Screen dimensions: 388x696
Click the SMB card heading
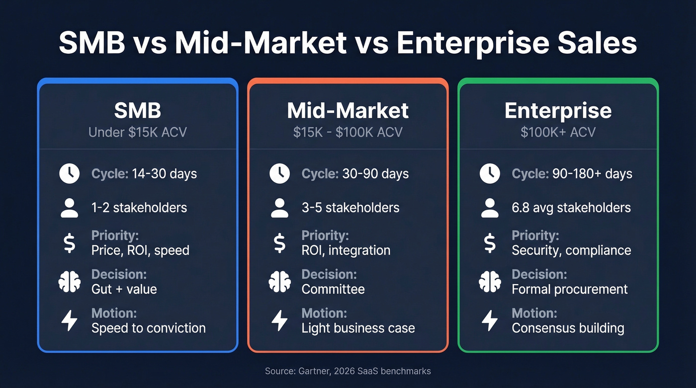click(138, 110)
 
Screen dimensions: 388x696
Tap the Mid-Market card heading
click(348, 110)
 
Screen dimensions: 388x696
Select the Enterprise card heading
click(558, 110)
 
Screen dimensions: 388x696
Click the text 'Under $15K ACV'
click(138, 133)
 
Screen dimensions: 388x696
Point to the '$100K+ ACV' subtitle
click(558, 133)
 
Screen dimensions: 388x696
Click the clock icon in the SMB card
click(69, 174)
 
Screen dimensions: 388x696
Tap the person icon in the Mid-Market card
click(279, 208)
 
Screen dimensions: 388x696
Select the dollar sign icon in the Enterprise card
click(490, 243)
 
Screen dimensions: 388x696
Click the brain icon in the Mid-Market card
click(279, 282)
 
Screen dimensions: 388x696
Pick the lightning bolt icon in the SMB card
click(69, 321)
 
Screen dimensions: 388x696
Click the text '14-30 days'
click(164, 174)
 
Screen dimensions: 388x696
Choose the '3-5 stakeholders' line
click(350, 208)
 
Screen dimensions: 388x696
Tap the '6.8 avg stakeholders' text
click(571, 208)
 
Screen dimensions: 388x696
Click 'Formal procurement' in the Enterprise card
click(570, 289)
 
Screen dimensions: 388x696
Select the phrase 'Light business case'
click(358, 328)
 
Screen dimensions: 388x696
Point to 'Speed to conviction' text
click(148, 328)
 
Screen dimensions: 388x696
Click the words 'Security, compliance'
click(571, 250)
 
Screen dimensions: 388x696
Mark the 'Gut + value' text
click(124, 289)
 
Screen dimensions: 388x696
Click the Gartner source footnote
click(348, 371)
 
